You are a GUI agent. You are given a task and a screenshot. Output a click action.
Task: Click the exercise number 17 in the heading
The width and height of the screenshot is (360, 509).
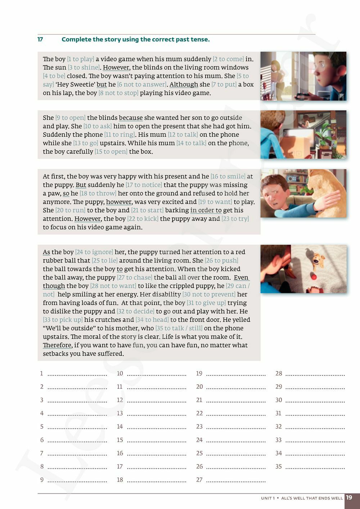[40, 39]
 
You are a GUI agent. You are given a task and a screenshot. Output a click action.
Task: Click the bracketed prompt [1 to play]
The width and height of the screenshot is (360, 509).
[81, 59]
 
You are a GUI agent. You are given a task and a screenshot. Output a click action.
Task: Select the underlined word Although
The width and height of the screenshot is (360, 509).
[184, 84]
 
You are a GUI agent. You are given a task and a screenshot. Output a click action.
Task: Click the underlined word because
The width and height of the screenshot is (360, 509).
[131, 118]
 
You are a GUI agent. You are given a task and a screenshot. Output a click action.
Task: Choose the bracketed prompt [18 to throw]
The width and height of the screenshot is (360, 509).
[98, 193]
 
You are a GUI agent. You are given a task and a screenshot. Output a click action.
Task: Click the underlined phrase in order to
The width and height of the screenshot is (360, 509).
[206, 210]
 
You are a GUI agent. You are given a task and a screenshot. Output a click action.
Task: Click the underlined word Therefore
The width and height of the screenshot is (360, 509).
[57, 345]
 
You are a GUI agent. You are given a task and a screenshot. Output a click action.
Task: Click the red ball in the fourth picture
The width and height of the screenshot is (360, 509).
[314, 277]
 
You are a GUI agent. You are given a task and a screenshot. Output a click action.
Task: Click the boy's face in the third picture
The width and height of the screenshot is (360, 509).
[276, 196]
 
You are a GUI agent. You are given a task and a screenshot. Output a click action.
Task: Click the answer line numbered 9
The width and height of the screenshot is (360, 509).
[77, 480]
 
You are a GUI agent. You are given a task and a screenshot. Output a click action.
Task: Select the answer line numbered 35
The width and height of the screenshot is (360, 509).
[315, 467]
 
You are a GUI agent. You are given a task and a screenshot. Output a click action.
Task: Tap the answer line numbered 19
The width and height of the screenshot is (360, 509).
[236, 374]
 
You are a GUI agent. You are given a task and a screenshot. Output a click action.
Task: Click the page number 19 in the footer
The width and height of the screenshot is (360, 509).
[349, 498]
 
